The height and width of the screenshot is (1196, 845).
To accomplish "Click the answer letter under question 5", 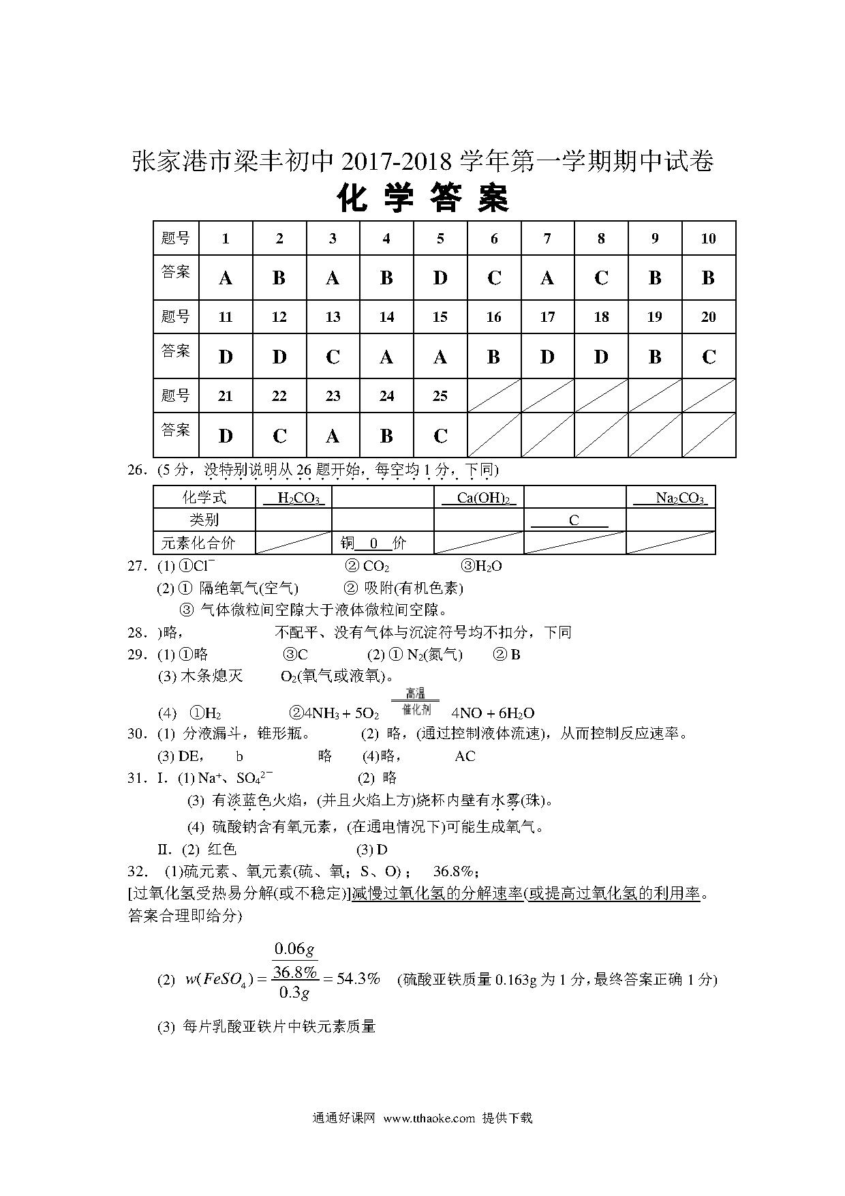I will (440, 278).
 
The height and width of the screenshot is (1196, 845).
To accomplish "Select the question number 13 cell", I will (333, 317).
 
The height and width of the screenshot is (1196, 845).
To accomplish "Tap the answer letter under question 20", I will (709, 357).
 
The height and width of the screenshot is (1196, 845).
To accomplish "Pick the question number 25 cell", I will (440, 396).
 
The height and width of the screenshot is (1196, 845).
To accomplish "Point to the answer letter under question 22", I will (279, 436).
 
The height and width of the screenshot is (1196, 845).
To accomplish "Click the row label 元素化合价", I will (198, 543).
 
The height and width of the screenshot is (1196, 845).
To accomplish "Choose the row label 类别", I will (204, 520).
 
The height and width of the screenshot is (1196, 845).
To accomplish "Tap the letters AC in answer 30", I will (465, 756).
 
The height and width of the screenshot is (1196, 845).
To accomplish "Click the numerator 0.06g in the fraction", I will (294, 949).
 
